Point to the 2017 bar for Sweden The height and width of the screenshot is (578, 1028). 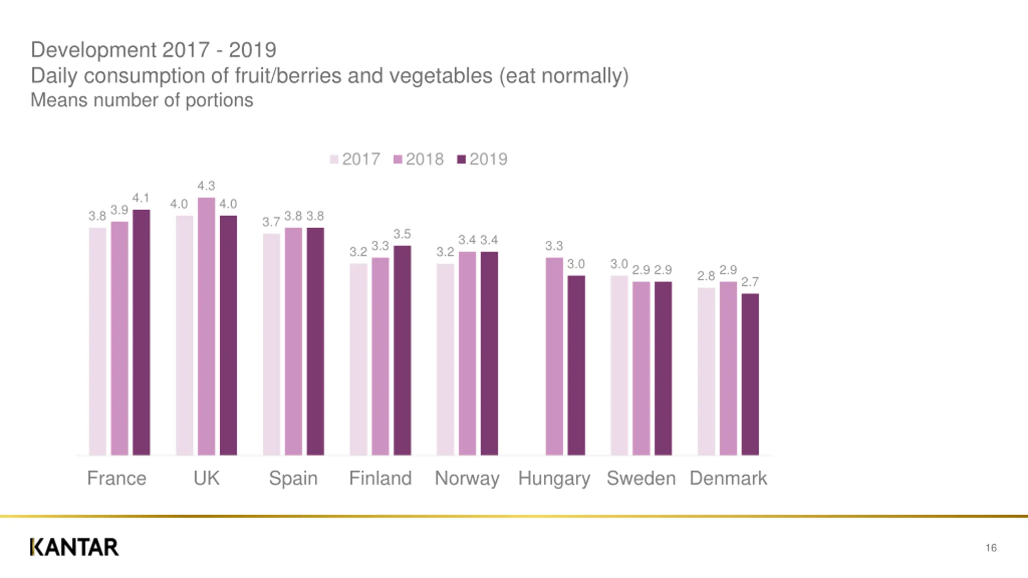click(x=619, y=365)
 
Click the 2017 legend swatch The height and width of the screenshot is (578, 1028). click(x=334, y=159)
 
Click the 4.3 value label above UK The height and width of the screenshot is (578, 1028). click(x=206, y=186)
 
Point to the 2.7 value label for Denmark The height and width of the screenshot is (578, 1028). click(x=750, y=282)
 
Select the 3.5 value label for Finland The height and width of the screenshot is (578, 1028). click(x=402, y=234)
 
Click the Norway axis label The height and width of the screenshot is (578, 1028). click(x=467, y=478)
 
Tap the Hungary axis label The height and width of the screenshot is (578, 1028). click(x=554, y=478)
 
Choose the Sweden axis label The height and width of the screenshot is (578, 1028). click(x=641, y=478)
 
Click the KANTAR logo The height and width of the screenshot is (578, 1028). click(x=74, y=547)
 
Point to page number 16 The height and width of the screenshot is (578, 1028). click(x=991, y=548)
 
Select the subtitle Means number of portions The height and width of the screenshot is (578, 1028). click(x=142, y=100)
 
